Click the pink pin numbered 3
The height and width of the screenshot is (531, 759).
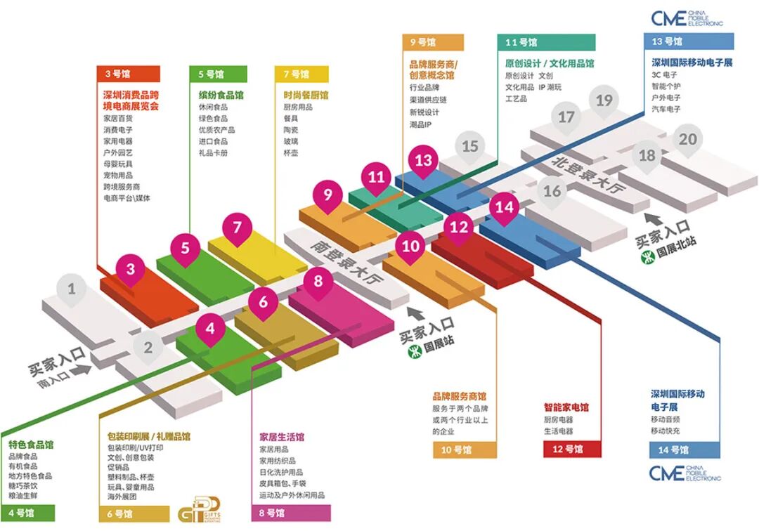pyautogui.click(x=131, y=269)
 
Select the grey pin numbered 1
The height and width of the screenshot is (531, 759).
pyautogui.click(x=72, y=288)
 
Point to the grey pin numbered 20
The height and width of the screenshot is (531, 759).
pyautogui.click(x=687, y=140)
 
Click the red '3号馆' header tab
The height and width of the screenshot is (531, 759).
pyautogui.click(x=128, y=73)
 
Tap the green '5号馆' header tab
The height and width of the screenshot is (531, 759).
pyautogui.click(x=218, y=73)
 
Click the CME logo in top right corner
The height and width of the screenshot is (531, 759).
pyautogui.click(x=687, y=19)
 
